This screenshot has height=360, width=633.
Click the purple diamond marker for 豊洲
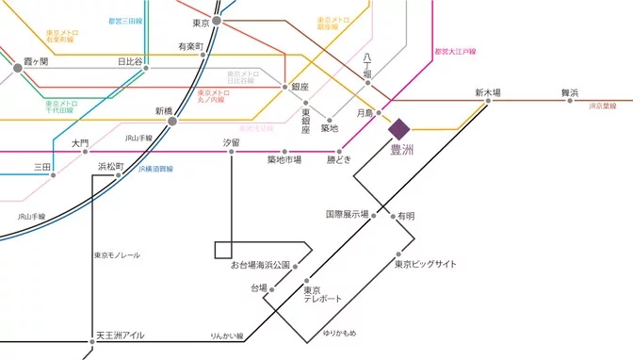[x=398, y=128]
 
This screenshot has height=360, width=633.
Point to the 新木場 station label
[x=487, y=92]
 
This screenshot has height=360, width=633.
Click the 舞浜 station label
[x=569, y=92]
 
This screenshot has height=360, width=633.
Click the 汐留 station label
[x=231, y=142]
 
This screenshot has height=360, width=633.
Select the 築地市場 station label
[x=284, y=160]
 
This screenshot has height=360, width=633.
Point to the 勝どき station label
[x=338, y=160]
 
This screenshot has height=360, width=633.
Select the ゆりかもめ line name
[x=339, y=334]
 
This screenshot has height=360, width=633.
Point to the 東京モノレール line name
[x=117, y=255]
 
